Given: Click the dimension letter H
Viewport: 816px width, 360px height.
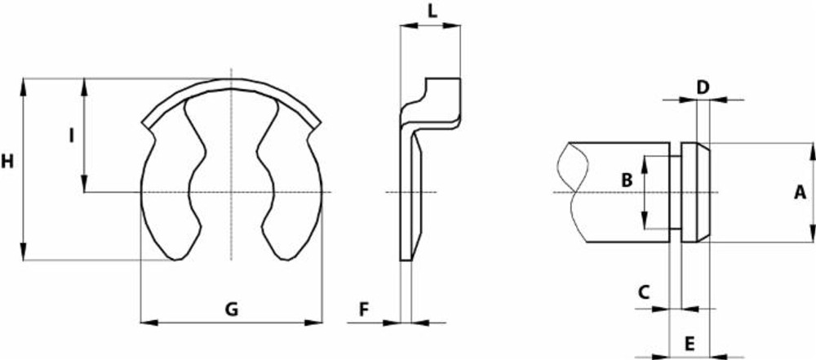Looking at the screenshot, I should point(8,162).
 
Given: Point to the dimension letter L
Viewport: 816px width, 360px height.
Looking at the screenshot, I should point(432,11).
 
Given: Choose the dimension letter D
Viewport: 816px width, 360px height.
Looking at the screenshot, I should point(703,86).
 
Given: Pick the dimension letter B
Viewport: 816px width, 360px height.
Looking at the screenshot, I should point(627,180).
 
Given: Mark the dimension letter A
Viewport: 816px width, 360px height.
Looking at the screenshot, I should point(800,192).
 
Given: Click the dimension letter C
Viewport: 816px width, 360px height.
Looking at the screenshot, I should point(644,291).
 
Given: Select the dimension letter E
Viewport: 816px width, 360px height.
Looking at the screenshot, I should point(690,341).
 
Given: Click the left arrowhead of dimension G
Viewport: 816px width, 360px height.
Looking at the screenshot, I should point(148,322).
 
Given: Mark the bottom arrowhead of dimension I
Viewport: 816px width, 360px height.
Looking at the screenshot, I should point(84,186).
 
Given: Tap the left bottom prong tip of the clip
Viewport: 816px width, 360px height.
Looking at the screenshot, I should point(175,258).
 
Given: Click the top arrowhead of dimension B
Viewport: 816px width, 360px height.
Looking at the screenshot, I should point(644,161).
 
